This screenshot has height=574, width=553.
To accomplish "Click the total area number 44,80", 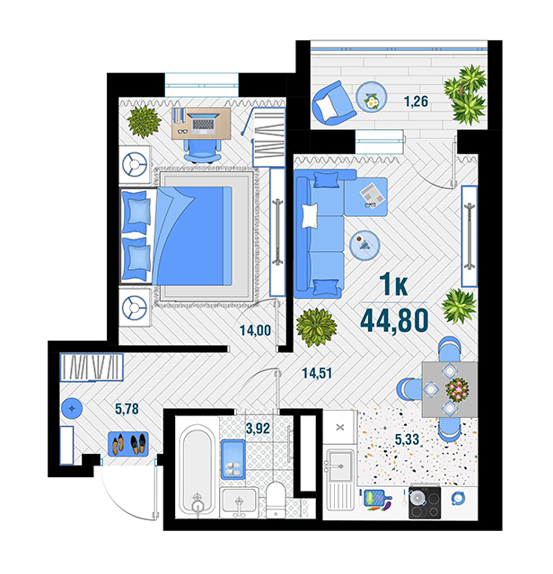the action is tap(394, 320).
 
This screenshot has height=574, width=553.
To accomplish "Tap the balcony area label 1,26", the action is tap(416, 101).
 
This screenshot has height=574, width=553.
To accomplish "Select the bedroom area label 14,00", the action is tap(255, 330).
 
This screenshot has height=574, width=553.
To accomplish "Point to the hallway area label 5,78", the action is tap(127, 409).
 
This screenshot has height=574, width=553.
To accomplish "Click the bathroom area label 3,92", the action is tap(258, 428).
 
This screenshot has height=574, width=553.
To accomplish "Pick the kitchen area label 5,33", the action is tap(407, 439).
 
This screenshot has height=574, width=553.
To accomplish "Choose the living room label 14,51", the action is tap(317, 373).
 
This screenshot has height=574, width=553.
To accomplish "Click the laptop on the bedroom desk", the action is tap(203, 122).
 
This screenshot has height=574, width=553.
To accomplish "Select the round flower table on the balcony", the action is tap(372, 97).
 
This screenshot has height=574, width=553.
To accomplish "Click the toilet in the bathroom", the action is tap(276, 500).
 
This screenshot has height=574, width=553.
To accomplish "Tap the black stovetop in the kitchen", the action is tap(425, 501).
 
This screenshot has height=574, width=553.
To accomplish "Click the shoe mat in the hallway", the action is tap(128, 444).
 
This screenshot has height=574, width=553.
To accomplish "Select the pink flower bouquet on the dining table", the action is tap(457, 389).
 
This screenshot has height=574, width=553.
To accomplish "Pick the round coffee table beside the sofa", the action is tap(364, 245).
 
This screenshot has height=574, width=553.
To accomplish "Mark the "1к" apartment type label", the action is tap(393, 284).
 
